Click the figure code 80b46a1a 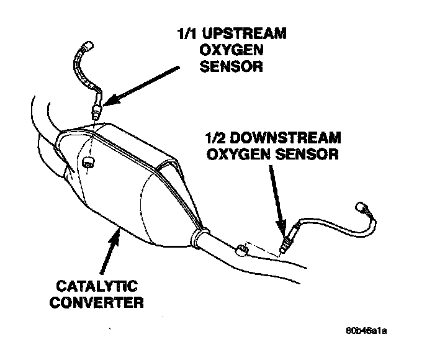[371, 330]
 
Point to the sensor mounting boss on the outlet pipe [241, 251]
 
